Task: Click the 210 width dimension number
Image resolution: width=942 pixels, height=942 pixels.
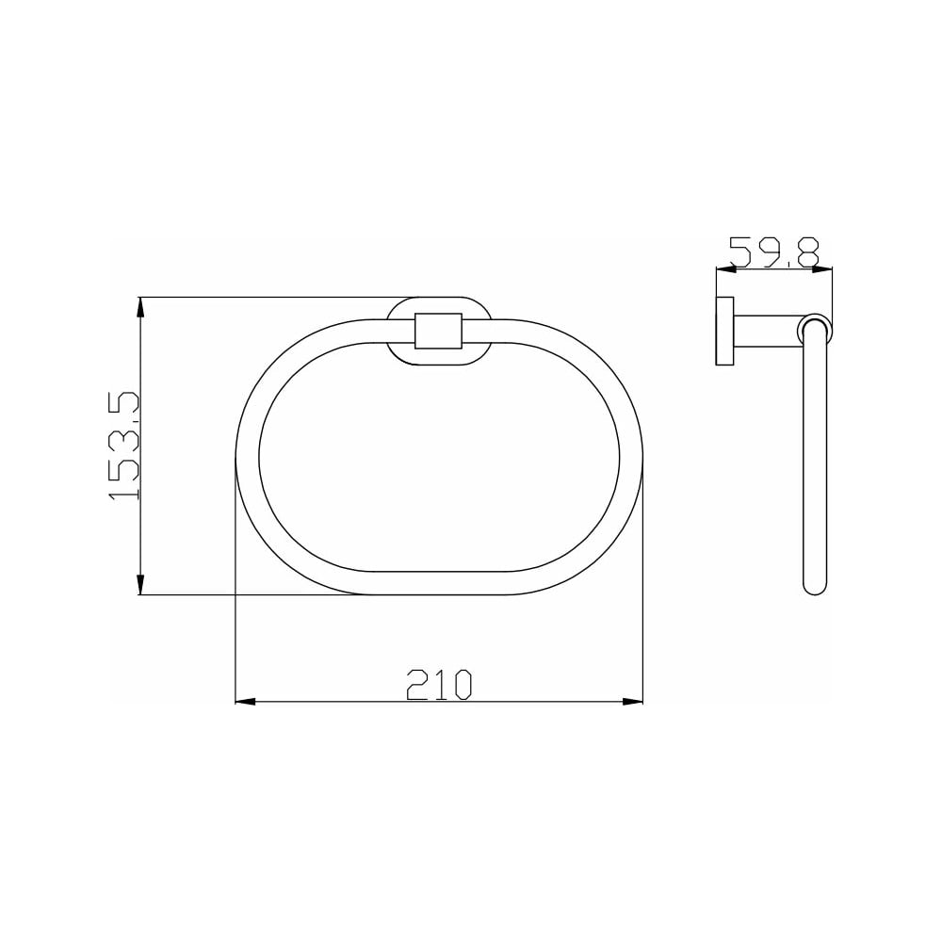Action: click(x=440, y=684)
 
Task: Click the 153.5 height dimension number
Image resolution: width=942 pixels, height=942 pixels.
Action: click(x=123, y=446)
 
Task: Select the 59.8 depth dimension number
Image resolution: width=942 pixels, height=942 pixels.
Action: click(x=774, y=252)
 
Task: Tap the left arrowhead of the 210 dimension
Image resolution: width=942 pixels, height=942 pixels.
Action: click(x=245, y=701)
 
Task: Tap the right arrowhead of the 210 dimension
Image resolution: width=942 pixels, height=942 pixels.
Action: click(x=633, y=701)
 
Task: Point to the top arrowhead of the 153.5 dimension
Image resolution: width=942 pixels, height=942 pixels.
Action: click(x=140, y=307)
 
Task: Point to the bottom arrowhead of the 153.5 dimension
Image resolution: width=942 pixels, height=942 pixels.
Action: click(x=140, y=585)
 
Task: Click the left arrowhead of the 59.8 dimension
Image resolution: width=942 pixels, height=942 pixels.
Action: click(x=726, y=269)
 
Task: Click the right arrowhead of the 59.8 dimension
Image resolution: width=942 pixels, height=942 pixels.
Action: click(x=821, y=269)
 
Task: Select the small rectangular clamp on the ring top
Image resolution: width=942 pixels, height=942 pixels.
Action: click(x=438, y=331)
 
